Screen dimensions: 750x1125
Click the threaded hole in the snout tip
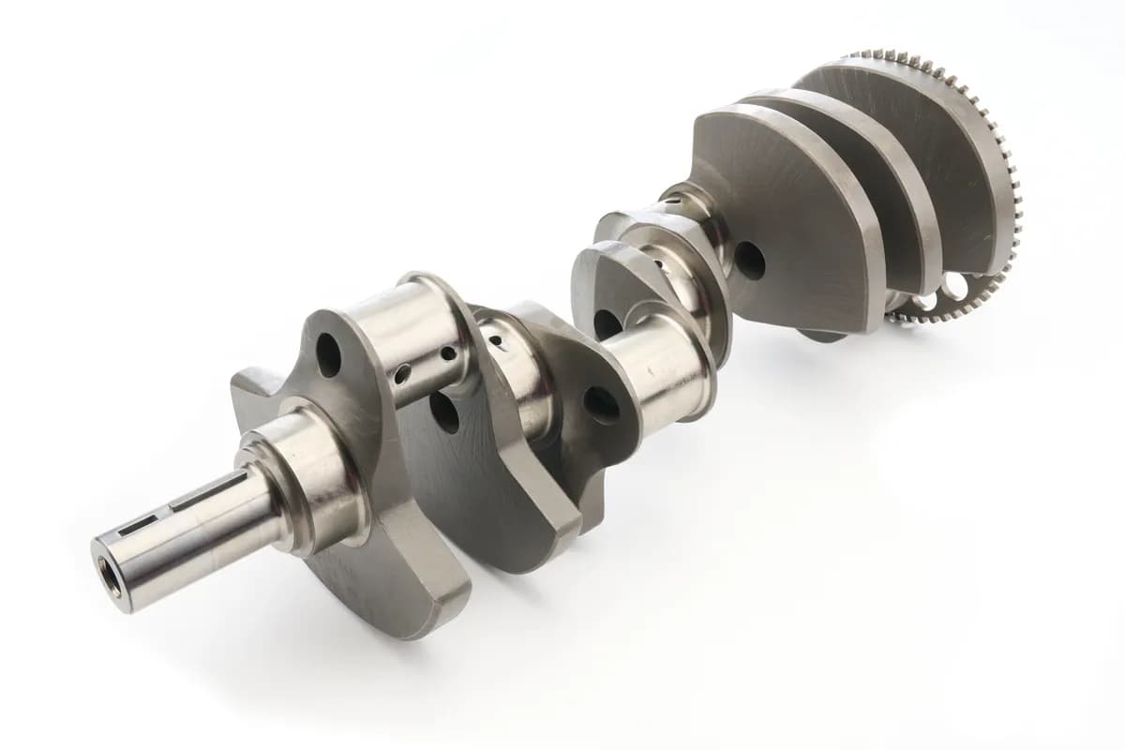[x=112, y=574]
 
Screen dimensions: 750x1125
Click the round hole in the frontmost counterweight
[x=328, y=355]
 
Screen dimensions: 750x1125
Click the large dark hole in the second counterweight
[x=443, y=412]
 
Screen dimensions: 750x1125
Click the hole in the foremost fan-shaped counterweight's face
[x=749, y=261]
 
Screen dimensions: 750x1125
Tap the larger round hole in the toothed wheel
[x=952, y=283]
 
